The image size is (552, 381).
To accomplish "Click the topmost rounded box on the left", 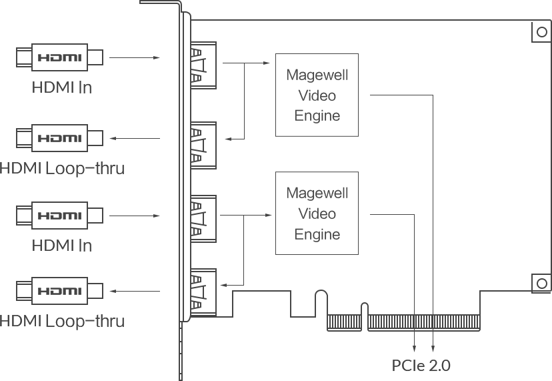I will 61,58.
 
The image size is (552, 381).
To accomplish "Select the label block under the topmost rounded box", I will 64,87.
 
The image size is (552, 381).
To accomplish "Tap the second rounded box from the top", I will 61,138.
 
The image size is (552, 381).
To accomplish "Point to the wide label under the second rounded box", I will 64,167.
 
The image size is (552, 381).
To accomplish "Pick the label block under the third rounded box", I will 64,244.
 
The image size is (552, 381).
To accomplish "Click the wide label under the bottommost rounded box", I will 64,323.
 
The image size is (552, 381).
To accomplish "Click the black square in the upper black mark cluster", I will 347,93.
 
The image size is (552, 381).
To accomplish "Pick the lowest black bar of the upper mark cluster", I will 339,125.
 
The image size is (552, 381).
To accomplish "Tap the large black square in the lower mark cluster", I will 347,215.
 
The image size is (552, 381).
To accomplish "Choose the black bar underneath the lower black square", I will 339,243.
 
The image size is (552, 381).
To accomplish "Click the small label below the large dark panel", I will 421,366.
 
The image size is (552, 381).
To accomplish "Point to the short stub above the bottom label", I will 424,344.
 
